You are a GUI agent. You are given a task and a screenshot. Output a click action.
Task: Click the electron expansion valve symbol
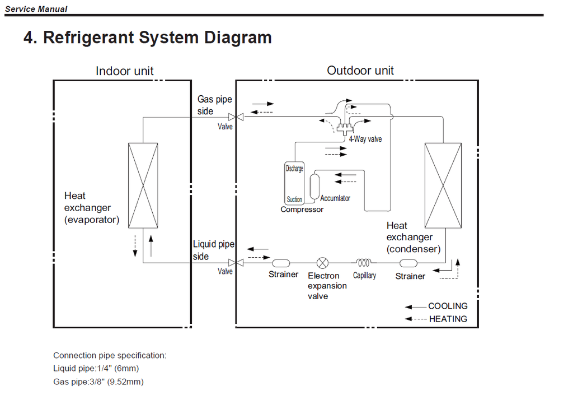(x=323, y=263)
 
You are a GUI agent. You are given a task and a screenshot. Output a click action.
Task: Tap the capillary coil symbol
(x=364, y=262)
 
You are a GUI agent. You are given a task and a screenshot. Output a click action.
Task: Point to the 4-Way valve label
(x=365, y=138)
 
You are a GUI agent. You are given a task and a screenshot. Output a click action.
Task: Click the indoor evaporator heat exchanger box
(x=143, y=185)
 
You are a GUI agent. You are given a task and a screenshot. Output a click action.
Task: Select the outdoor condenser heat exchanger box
(x=444, y=185)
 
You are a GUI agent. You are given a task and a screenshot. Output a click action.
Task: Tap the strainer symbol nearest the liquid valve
(x=280, y=263)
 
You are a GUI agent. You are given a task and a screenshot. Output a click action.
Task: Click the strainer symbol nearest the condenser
(x=408, y=263)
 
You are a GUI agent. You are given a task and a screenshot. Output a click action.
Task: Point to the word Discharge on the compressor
(x=294, y=169)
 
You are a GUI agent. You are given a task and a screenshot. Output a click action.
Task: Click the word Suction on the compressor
(x=294, y=199)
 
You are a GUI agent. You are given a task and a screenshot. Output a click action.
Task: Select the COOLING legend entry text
(x=448, y=306)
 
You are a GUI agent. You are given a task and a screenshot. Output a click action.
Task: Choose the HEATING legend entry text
(x=448, y=319)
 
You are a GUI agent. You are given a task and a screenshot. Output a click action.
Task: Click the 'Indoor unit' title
(x=124, y=71)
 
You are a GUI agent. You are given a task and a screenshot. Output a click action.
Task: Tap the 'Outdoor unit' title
(x=360, y=71)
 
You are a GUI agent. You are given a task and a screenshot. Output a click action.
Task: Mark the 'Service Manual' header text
(x=36, y=9)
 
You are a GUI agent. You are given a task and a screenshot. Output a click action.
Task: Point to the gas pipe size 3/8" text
(x=112, y=382)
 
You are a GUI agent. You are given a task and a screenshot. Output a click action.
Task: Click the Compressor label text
(x=302, y=210)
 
